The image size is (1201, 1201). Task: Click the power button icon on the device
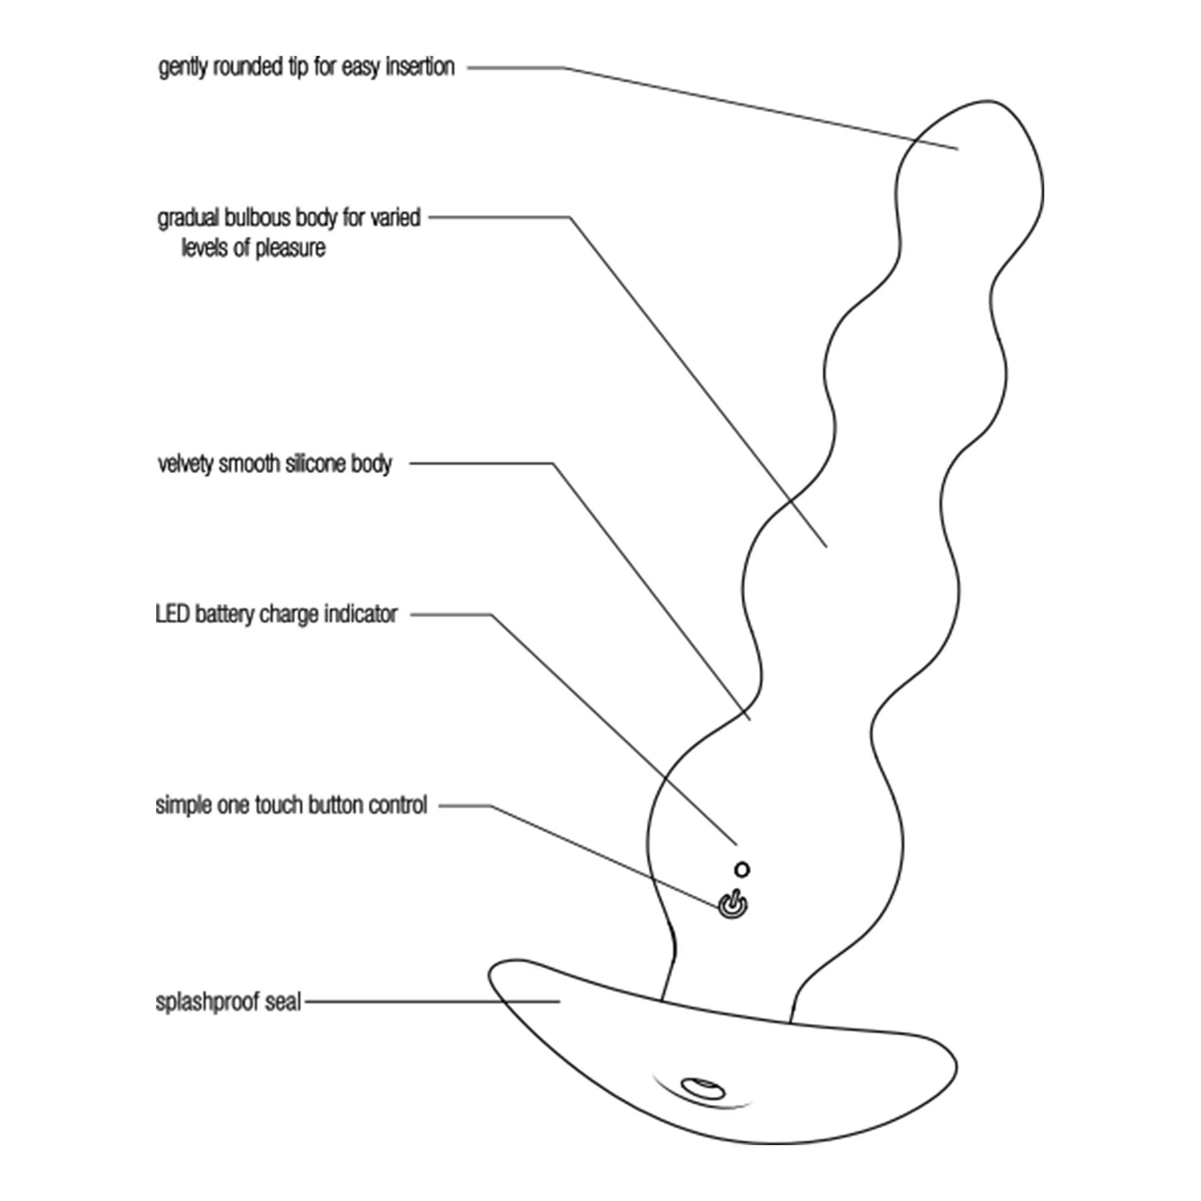tap(733, 906)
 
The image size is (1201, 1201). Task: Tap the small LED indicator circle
tap(742, 869)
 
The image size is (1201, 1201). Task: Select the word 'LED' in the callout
tap(172, 614)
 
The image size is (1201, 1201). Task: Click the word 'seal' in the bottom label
tap(283, 1002)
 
